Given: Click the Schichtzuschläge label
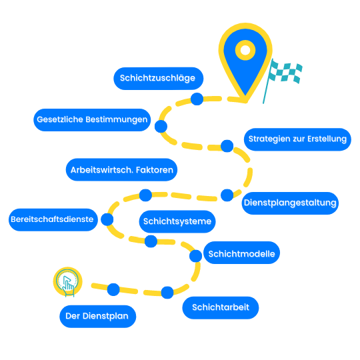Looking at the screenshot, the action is (x=159, y=79).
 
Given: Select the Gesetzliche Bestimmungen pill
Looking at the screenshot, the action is (x=92, y=120).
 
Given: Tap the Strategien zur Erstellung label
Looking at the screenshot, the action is (x=297, y=139).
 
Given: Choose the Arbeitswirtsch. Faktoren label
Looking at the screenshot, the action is (x=122, y=170).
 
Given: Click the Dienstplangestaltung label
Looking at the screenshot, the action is (x=290, y=203).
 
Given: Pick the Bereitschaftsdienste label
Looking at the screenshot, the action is (x=53, y=220).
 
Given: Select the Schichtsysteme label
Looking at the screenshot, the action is (x=177, y=221).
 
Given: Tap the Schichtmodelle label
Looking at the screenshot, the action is (x=241, y=253).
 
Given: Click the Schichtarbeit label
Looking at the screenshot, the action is (x=221, y=307).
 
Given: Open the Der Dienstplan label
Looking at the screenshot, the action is (x=98, y=317).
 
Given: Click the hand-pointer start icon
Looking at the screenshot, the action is (x=67, y=282).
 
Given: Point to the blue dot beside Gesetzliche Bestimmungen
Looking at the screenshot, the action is (x=161, y=126).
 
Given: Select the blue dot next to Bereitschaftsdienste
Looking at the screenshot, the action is (x=107, y=219).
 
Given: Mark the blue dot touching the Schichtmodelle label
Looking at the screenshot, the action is (x=195, y=256).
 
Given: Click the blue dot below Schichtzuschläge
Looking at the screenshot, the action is (x=197, y=99).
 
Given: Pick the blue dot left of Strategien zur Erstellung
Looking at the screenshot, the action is (x=227, y=146).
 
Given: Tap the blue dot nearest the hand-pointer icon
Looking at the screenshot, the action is (x=113, y=289).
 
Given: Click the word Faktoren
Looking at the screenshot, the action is (x=155, y=170).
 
